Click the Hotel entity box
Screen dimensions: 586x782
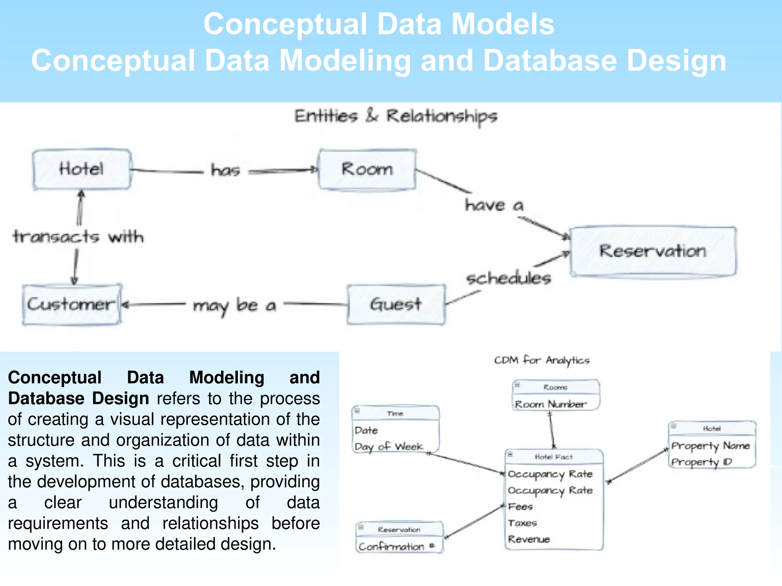[x=81, y=169]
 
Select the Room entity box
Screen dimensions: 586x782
[x=367, y=169]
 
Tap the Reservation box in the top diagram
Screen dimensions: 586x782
[x=653, y=251]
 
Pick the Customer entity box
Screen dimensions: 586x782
[x=71, y=304]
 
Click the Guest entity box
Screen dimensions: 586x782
[x=396, y=304]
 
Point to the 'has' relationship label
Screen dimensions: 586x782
[x=225, y=170]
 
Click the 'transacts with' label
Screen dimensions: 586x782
[x=78, y=237]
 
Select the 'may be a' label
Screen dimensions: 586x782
[x=234, y=306]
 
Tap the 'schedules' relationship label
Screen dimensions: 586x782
[x=509, y=278]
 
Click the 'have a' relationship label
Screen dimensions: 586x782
[x=494, y=205]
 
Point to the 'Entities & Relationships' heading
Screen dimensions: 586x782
[x=396, y=116]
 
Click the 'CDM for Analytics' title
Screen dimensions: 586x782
[x=541, y=360]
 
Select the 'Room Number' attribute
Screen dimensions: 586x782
[x=550, y=404]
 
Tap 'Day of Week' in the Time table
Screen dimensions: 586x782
[x=388, y=447]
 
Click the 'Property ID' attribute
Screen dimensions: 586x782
[x=701, y=462]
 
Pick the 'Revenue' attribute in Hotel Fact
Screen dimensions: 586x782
[x=529, y=539]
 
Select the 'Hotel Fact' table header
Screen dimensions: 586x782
[x=553, y=457]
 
